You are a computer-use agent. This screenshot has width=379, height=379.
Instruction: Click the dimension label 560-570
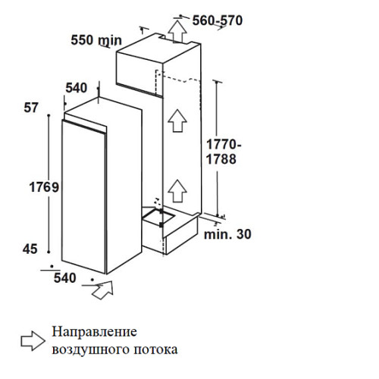[218, 20]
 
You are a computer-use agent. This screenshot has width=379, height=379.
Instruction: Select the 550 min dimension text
[96, 40]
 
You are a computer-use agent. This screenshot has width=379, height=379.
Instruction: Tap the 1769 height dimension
[44, 187]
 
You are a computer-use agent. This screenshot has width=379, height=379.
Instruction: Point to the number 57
[31, 108]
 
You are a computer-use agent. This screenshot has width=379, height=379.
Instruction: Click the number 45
[30, 249]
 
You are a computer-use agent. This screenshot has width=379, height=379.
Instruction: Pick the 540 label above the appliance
[77, 88]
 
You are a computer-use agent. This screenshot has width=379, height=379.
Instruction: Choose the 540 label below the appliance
[65, 278]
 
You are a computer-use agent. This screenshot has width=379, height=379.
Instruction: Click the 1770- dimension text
[224, 145]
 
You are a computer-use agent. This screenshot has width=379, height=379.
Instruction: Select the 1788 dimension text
[221, 159]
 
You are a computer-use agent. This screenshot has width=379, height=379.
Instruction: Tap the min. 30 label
[227, 234]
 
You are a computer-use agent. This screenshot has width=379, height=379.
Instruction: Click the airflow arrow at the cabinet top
[177, 31]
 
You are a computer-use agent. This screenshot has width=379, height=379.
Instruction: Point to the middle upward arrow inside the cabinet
[177, 121]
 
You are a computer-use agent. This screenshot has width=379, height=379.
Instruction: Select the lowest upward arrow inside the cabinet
[177, 191]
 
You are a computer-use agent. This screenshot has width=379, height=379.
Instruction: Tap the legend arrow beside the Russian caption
[33, 341]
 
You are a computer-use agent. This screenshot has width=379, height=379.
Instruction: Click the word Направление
[94, 332]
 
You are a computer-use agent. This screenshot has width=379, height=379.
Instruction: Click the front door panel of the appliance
[83, 197]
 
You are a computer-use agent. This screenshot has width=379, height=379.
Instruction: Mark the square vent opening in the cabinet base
[158, 216]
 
